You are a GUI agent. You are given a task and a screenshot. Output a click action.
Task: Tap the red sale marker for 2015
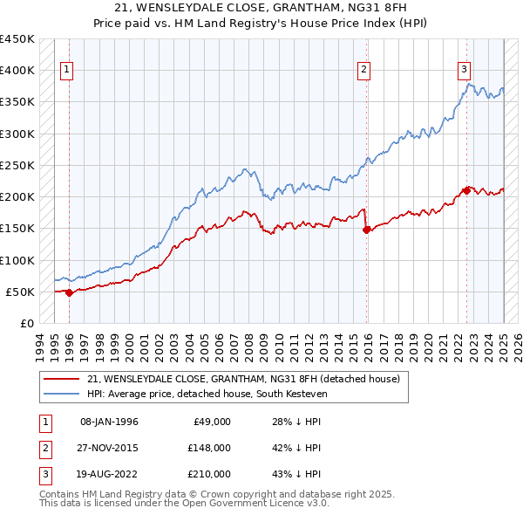coord(366,230)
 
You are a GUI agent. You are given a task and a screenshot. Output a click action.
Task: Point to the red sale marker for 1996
coord(70,292)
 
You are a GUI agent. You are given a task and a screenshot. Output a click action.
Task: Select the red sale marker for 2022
coord(467,190)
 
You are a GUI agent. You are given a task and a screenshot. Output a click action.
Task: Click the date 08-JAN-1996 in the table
coord(109,422)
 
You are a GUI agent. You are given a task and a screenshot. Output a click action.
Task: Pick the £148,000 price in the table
coord(209,448)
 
